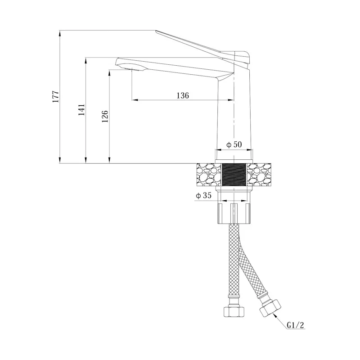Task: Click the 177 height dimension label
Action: [56, 97]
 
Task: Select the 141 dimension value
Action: [82, 110]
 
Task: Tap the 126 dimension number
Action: [105, 116]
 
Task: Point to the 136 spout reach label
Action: [183, 95]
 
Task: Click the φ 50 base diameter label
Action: [234, 144]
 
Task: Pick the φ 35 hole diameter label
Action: [203, 195]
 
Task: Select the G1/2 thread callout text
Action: [295, 325]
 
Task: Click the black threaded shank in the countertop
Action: [234, 175]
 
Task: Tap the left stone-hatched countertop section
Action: [209, 175]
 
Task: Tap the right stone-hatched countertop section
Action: [259, 175]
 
